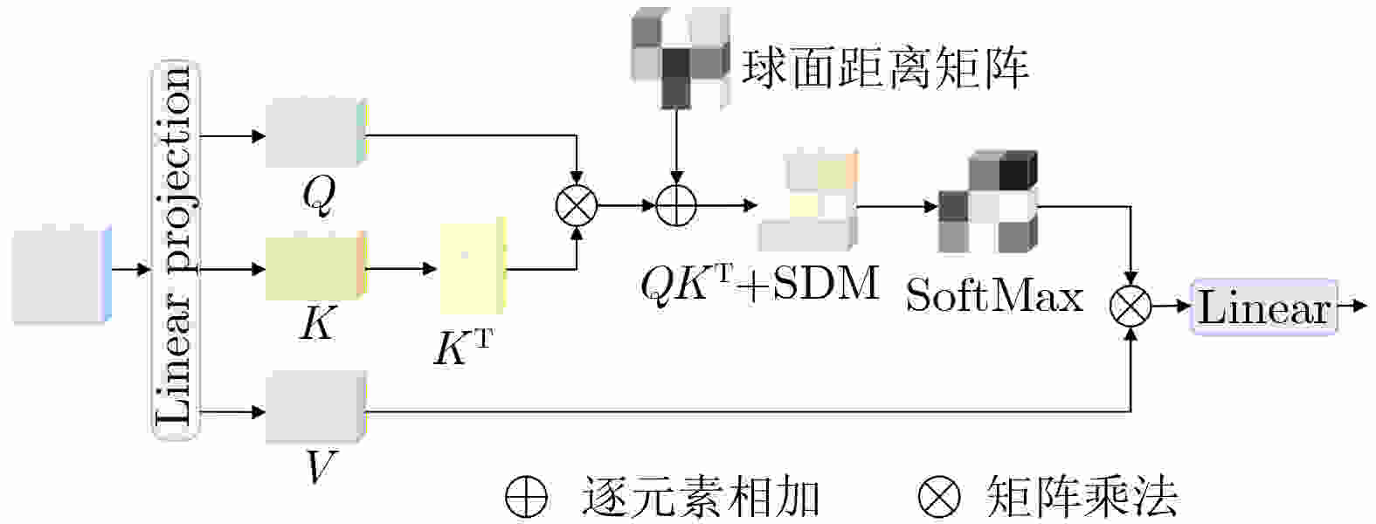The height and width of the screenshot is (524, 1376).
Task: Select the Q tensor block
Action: [x=315, y=133]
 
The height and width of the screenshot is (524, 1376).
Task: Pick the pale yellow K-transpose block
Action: [x=473, y=266]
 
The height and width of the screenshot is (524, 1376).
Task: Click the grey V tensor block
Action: [x=315, y=407]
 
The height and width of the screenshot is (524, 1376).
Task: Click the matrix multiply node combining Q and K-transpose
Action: [x=577, y=206]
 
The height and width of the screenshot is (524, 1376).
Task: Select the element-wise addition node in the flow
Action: [x=676, y=206]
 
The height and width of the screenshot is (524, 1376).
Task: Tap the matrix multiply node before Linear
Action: [x=1131, y=307]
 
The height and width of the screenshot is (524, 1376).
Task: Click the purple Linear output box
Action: [x=1263, y=307]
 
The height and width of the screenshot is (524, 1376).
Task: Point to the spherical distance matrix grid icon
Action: [x=680, y=59]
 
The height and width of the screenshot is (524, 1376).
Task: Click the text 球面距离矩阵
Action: [x=885, y=66]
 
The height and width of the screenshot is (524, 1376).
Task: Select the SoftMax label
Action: [x=994, y=296]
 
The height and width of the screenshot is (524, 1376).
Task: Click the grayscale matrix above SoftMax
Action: [x=987, y=202]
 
